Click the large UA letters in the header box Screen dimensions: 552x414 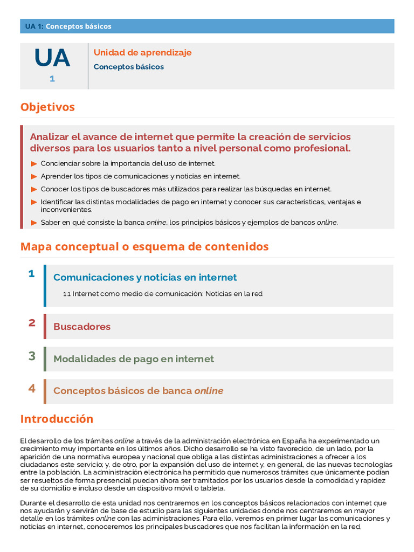52,58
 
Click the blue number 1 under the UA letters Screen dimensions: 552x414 52,79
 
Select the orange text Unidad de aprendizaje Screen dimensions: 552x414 142,53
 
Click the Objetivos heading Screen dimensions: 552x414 47,107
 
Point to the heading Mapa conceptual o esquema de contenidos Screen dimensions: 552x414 144,247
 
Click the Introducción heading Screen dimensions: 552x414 57,419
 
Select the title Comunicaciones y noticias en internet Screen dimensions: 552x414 145,278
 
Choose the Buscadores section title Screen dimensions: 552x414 82,327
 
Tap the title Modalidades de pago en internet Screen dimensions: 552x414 134,359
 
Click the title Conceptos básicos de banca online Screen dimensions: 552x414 138,391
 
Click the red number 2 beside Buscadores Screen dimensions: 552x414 32,323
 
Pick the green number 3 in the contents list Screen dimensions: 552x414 32,356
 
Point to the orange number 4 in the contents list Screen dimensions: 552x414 32,388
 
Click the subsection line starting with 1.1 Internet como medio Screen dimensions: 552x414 163,294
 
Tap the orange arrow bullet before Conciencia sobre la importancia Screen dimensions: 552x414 34,163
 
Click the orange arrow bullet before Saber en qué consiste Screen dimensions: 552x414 34,223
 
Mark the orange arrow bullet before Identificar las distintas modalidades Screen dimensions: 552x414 34,202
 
